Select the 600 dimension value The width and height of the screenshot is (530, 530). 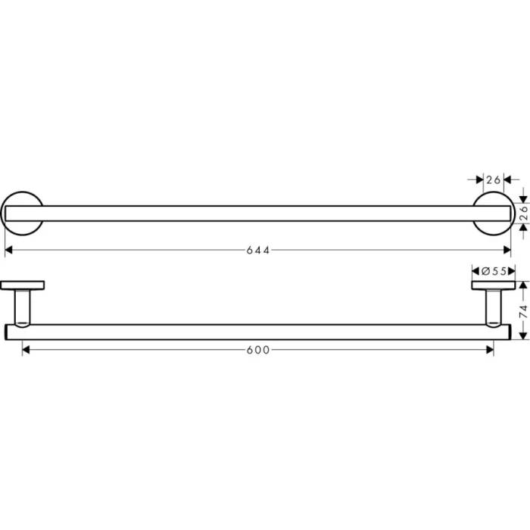258,349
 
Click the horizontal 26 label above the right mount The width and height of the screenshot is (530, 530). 494,179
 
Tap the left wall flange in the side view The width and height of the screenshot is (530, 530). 23,285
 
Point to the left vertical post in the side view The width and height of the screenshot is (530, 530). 23,307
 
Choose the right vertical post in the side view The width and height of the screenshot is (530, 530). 492,307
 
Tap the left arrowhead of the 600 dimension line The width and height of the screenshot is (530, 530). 26,349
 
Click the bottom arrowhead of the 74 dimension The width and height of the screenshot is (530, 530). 522,335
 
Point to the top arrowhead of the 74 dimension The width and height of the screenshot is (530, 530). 522,285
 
